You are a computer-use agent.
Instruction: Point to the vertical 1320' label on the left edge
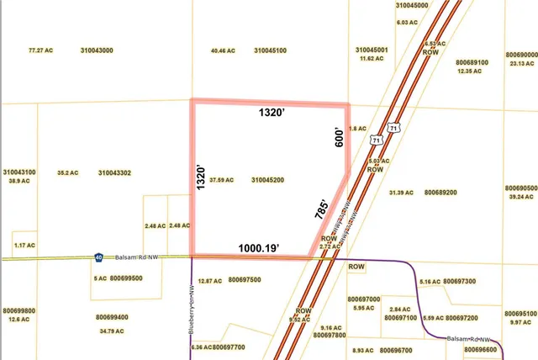(201, 179)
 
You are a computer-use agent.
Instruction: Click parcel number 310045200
(268, 179)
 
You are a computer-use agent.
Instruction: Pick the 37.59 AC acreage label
(223, 179)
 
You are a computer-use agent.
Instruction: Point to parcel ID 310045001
(372, 50)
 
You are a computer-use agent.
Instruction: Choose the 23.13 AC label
(522, 64)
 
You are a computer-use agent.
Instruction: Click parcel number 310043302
(115, 172)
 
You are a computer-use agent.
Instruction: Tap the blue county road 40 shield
(99, 257)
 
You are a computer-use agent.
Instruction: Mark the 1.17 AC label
(25, 245)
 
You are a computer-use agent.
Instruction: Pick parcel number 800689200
(440, 193)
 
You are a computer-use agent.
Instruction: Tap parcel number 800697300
(459, 281)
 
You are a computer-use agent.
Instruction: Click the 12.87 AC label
(210, 280)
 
